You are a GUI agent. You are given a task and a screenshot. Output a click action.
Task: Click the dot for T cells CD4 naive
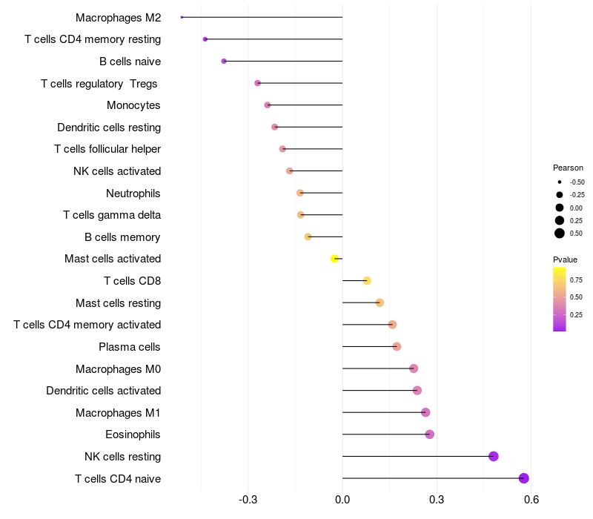[x=524, y=478]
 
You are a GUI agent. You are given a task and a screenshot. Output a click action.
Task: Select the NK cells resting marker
[x=494, y=456]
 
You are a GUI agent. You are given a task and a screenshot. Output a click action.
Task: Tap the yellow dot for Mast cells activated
[x=335, y=259]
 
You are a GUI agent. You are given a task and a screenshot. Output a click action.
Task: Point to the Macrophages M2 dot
[x=182, y=17]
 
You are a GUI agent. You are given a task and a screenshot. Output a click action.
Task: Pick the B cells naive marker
[x=224, y=61]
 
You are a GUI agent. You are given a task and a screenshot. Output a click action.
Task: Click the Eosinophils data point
[x=430, y=434]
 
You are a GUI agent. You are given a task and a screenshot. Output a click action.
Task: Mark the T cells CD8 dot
[x=367, y=280]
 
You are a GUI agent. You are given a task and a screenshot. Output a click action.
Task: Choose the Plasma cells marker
[x=397, y=346]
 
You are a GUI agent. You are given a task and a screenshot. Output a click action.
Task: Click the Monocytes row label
[x=133, y=105]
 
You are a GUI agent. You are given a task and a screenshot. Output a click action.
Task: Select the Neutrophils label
[x=133, y=194]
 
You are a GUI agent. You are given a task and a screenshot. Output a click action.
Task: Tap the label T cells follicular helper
[x=107, y=149]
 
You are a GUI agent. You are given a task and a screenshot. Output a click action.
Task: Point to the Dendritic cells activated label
[x=103, y=391]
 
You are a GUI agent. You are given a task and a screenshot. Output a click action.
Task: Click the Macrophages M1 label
[x=118, y=412]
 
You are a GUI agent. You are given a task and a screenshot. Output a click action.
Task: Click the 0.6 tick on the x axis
[x=531, y=500]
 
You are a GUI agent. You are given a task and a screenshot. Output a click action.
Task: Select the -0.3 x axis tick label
[x=248, y=500]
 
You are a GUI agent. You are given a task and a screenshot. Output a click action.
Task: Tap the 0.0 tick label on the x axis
[x=342, y=500]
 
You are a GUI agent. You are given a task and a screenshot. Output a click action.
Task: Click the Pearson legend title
[x=568, y=168]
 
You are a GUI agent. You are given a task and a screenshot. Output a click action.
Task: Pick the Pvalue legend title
[x=565, y=259]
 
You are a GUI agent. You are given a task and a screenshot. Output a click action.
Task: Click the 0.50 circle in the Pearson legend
[x=560, y=234]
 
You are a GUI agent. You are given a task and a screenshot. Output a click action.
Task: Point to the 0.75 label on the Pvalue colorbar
[x=576, y=280]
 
